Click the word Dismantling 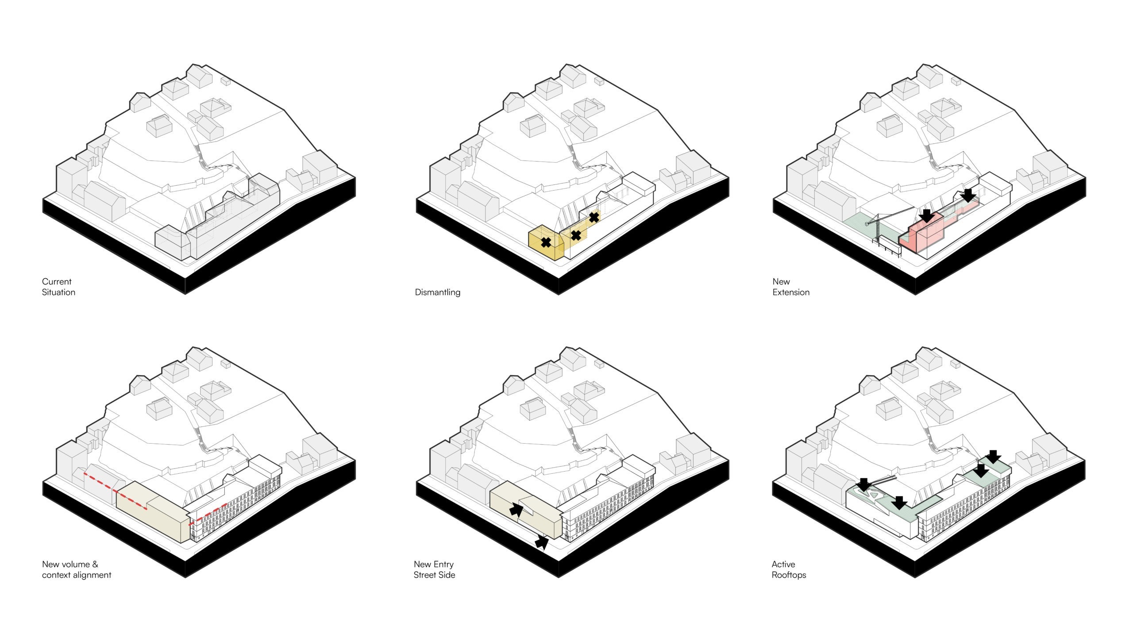(x=437, y=292)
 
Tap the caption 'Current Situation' (x=58, y=287)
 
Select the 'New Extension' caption (x=791, y=287)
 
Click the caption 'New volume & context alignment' (x=77, y=569)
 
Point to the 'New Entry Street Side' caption (x=434, y=569)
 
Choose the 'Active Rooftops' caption (x=789, y=569)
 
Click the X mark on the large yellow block (x=546, y=242)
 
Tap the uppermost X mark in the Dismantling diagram (x=594, y=217)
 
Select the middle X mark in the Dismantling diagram (x=576, y=235)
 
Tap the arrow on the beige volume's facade (x=516, y=510)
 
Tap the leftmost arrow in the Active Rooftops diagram (x=864, y=485)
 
